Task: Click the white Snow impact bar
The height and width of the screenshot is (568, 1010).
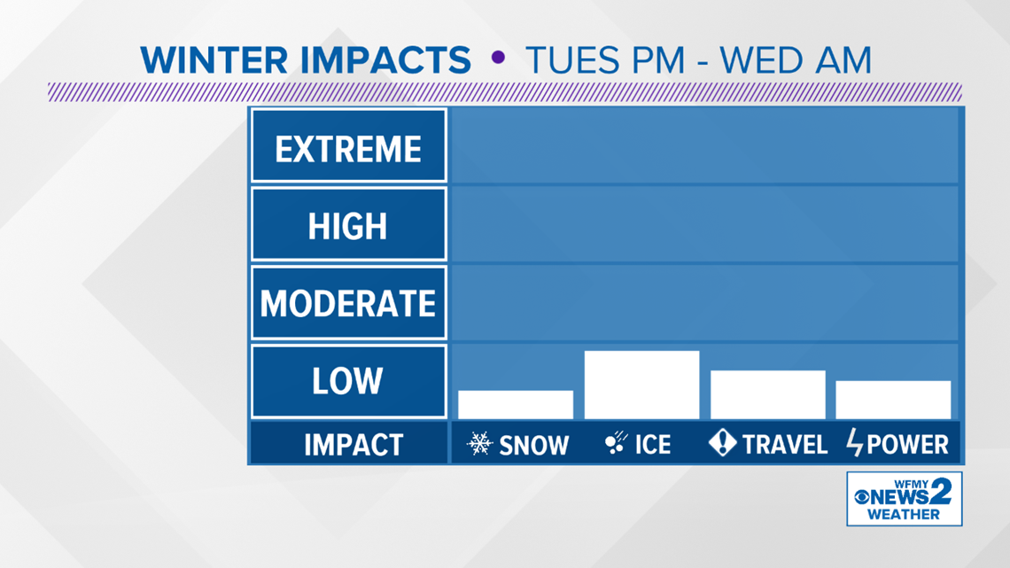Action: [516, 404]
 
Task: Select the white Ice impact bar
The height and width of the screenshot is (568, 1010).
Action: [641, 385]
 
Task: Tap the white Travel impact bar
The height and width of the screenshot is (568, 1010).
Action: [768, 395]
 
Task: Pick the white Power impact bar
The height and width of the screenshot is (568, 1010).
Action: [893, 400]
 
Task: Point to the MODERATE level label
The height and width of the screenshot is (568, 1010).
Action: [348, 303]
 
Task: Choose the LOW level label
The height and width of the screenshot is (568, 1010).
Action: [348, 381]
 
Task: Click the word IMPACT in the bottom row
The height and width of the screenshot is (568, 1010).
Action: [353, 445]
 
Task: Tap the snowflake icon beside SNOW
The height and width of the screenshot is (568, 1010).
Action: [480, 444]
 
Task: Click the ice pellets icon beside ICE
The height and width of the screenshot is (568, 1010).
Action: [616, 442]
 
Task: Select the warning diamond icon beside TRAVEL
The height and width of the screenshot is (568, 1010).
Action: [722, 442]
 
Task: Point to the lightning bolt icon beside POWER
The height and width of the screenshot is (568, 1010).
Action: [854, 442]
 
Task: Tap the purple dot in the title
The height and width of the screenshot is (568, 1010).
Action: [498, 58]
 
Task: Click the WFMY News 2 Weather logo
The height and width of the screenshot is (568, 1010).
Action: [905, 499]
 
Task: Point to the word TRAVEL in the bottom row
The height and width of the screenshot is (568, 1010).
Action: [785, 444]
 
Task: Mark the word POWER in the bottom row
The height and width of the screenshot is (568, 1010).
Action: [907, 444]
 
